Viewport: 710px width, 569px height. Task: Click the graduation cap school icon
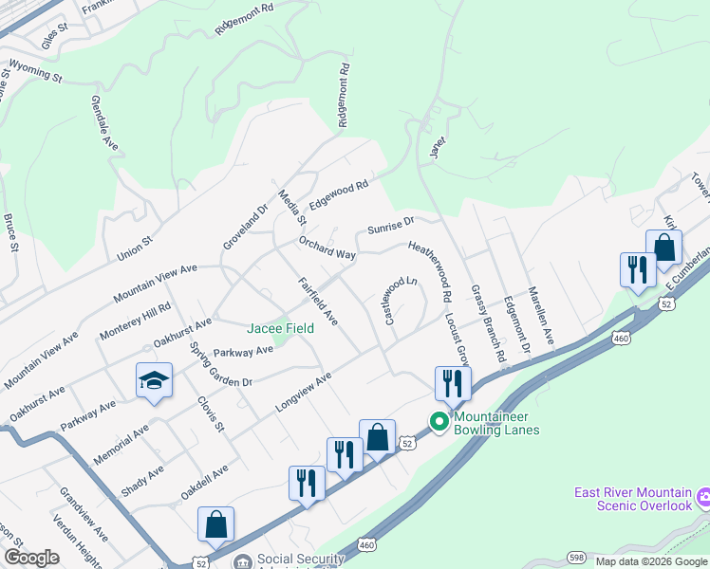click(x=154, y=381)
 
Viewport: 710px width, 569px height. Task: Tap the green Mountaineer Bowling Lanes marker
click(x=439, y=422)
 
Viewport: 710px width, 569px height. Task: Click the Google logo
click(x=31, y=558)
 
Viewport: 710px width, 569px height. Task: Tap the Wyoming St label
click(x=35, y=69)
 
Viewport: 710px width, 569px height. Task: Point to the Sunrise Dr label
click(x=391, y=227)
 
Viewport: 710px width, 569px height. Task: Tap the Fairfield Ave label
click(x=318, y=301)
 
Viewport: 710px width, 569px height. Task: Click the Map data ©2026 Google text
click(x=650, y=560)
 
